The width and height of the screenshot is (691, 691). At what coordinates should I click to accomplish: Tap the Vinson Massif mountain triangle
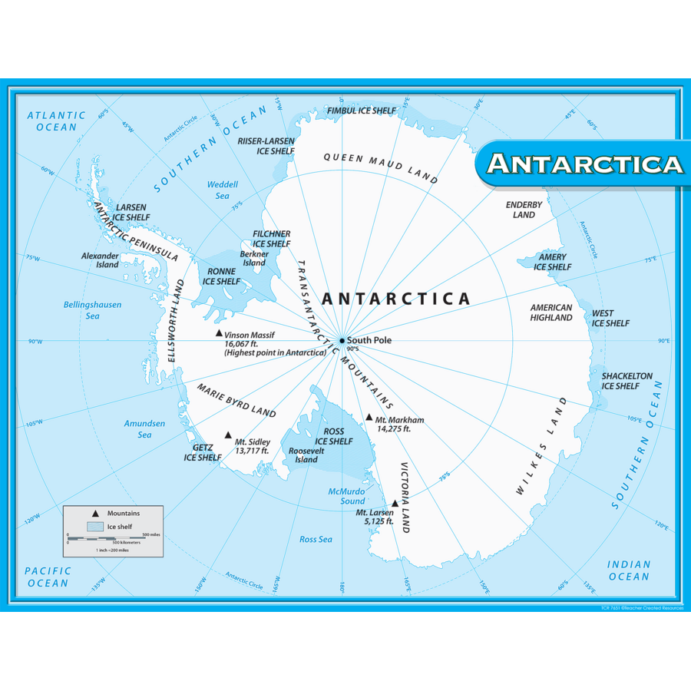[x=219, y=333]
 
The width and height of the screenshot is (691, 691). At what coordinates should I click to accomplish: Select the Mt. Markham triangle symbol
[x=369, y=418]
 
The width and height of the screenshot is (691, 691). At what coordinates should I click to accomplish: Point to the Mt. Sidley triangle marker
[x=228, y=435]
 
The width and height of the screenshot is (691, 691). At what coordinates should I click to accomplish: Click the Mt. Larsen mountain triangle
[x=395, y=504]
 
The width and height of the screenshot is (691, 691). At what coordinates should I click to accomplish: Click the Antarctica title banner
[x=584, y=164]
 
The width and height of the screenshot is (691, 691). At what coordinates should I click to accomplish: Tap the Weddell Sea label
[x=223, y=190]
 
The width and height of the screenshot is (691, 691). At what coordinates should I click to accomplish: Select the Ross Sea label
[x=316, y=539]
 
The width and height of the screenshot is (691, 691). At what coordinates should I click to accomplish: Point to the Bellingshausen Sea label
[x=92, y=310]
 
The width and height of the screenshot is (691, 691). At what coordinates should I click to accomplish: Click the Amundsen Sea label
[x=144, y=428]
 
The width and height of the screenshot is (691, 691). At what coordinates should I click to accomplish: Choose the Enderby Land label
[x=524, y=210]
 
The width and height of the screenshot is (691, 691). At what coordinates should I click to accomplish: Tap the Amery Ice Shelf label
[x=553, y=262]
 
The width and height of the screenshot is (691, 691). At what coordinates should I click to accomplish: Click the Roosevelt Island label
[x=306, y=455]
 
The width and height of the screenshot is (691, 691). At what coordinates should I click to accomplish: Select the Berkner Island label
[x=254, y=258]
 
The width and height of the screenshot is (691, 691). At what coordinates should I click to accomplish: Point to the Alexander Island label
[x=101, y=260]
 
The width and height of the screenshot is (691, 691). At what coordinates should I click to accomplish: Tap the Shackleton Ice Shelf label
[x=627, y=381]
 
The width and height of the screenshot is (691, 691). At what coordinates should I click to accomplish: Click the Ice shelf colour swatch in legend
[x=95, y=527]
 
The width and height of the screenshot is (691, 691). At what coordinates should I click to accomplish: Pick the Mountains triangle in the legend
[x=95, y=513]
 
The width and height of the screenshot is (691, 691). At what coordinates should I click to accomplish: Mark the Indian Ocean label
[x=629, y=570]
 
